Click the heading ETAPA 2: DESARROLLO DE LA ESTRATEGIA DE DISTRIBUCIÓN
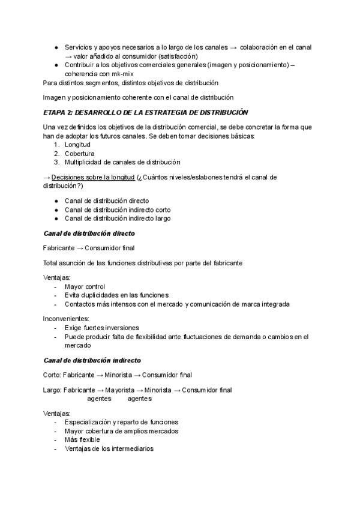click(x=137, y=112)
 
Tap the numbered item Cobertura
click(x=79, y=153)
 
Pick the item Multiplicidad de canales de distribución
click(x=122, y=161)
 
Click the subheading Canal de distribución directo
click(x=89, y=232)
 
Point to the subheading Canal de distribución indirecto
click(x=92, y=360)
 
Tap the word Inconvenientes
click(x=66, y=318)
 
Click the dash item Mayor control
click(x=85, y=286)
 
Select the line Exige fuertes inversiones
click(x=102, y=328)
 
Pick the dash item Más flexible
click(x=82, y=439)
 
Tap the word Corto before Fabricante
click(x=52, y=375)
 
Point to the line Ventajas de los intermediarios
click(x=109, y=448)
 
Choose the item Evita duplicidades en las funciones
click(x=116, y=295)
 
